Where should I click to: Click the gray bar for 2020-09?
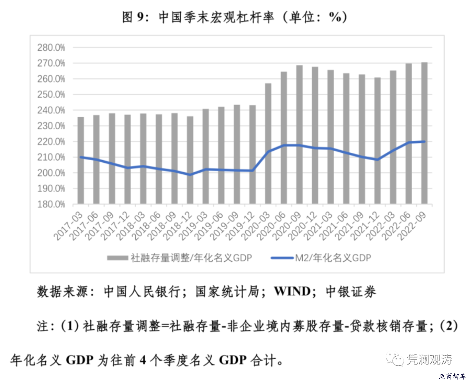pyautogui.click(x=299, y=134)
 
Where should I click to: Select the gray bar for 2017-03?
pyautogui.click(x=80, y=160)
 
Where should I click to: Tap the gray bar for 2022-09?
pyautogui.click(x=424, y=133)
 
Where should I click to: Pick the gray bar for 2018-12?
pyautogui.click(x=190, y=160)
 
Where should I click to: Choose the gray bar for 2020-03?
pyautogui.click(x=268, y=143)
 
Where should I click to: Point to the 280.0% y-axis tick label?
pyautogui.click(x=51, y=48)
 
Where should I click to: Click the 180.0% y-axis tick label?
pyautogui.click(x=51, y=204)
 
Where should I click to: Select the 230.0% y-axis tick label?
pyautogui.click(x=51, y=126)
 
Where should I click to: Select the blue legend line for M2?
pyautogui.click(x=281, y=258)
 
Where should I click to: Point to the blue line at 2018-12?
pyautogui.click(x=190, y=175)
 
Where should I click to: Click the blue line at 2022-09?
pyautogui.click(x=424, y=142)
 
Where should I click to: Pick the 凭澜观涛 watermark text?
pyautogui.click(x=429, y=359)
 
